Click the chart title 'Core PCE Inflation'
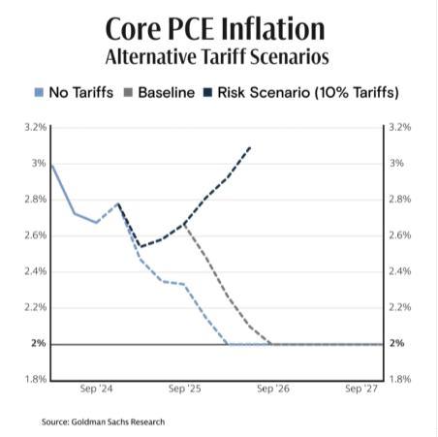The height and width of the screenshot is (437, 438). coord(218,26)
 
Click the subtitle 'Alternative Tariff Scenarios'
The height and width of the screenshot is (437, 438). coord(218,55)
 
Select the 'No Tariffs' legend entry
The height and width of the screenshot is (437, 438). coord(77,93)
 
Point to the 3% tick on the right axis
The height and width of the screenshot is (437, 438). coord(397,163)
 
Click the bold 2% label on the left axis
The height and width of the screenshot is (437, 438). coord(37,343)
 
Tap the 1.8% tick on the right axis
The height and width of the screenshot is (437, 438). coord(400,379)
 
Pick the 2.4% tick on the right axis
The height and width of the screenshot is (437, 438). coord(400,271)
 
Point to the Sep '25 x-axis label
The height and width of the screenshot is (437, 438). coord(183,390)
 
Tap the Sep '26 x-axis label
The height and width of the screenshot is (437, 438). coord(270,390)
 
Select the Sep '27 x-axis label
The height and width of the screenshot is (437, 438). coord(360,390)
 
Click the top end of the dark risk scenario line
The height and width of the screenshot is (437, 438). coord(251,146)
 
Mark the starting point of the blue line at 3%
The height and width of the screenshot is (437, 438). coord(50,164)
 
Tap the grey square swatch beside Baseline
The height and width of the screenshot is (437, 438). coord(129,93)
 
